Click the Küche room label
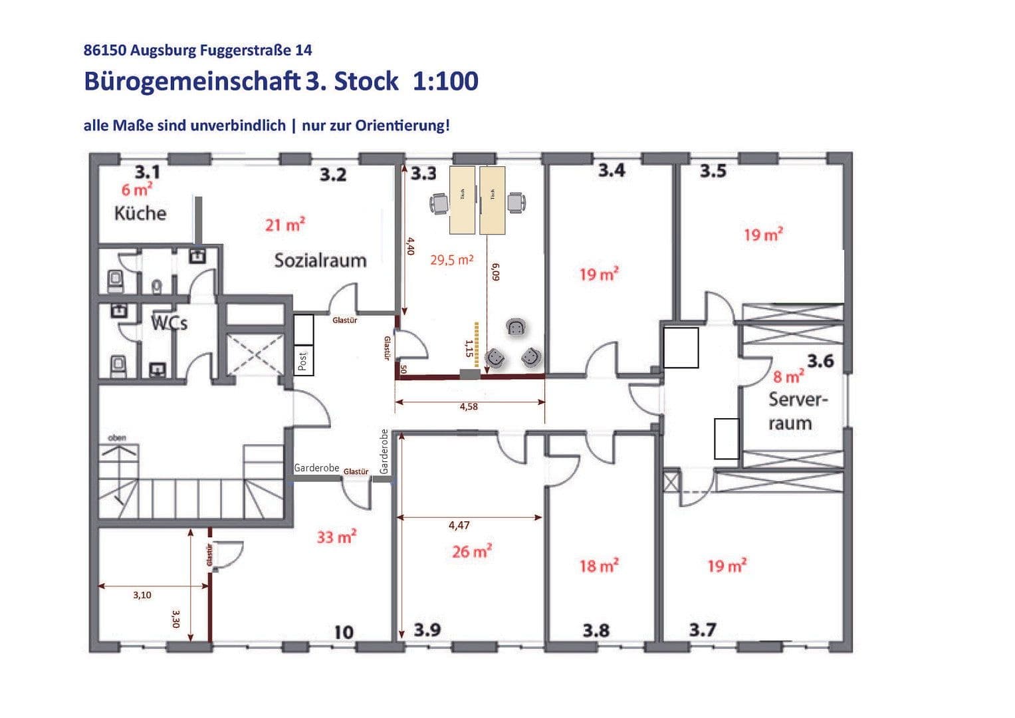(x=140, y=213)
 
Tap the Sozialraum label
(x=320, y=260)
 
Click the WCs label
(x=169, y=323)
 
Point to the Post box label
(x=303, y=361)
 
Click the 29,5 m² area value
(x=452, y=260)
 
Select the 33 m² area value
(x=336, y=537)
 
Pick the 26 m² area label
(x=472, y=551)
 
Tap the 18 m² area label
(x=599, y=566)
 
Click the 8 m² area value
(x=788, y=377)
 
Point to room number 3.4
(x=612, y=171)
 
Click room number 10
(x=344, y=632)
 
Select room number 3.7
(x=703, y=630)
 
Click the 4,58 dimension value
(x=469, y=407)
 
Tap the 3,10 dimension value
(x=142, y=595)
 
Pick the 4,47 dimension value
(x=459, y=525)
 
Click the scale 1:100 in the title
(x=445, y=81)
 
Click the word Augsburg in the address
(x=160, y=50)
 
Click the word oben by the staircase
(x=117, y=437)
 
